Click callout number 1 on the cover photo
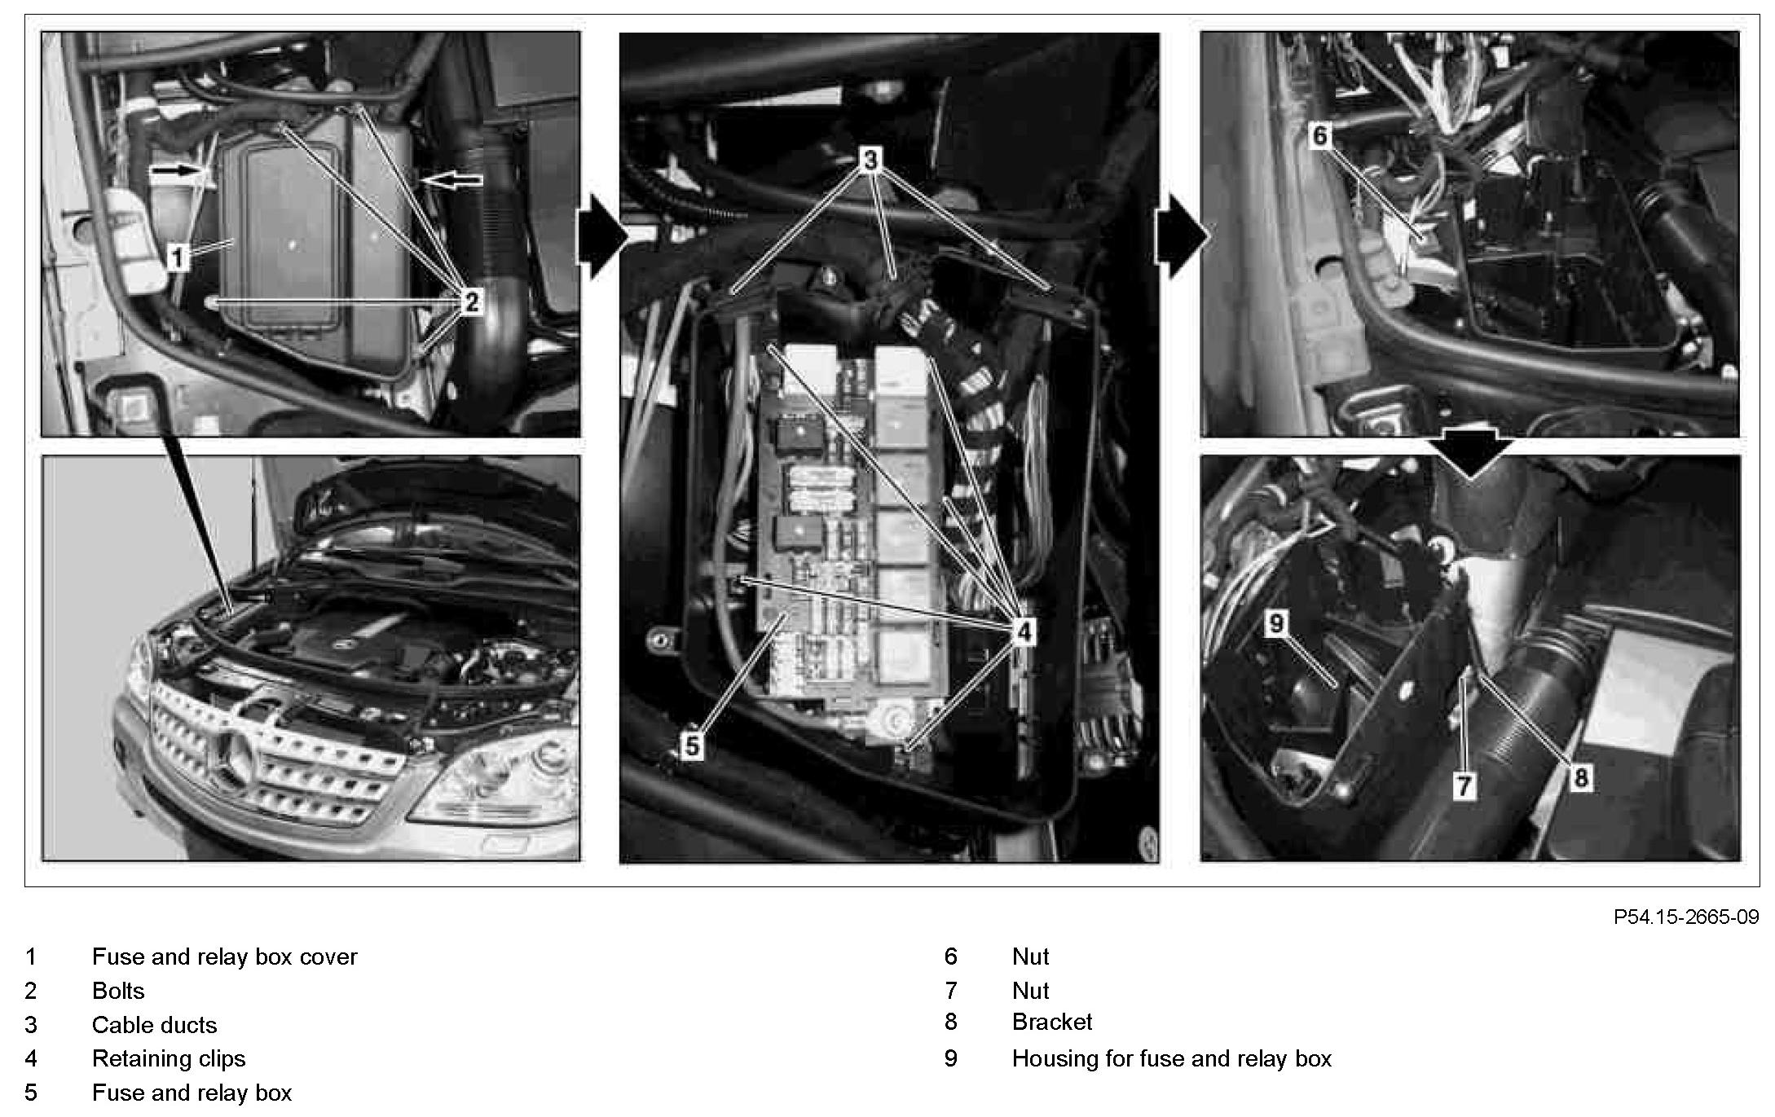coord(177,257)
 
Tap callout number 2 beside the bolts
coord(471,302)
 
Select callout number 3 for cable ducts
coord(870,160)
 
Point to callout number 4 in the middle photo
coord(1024,631)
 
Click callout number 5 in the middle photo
coord(692,746)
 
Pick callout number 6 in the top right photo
coord(1320,135)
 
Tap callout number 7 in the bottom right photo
coord(1464,785)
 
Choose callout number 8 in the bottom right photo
coord(1580,778)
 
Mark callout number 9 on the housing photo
coord(1276,624)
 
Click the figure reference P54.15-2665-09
coord(1686,917)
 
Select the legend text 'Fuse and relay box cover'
coord(224,956)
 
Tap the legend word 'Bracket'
coord(1052,1022)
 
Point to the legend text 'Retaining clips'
coord(169,1058)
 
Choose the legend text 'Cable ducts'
coord(155,1024)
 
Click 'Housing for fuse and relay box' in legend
coord(1172,1058)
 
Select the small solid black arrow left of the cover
coord(175,170)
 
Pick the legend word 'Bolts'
coord(118,991)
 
